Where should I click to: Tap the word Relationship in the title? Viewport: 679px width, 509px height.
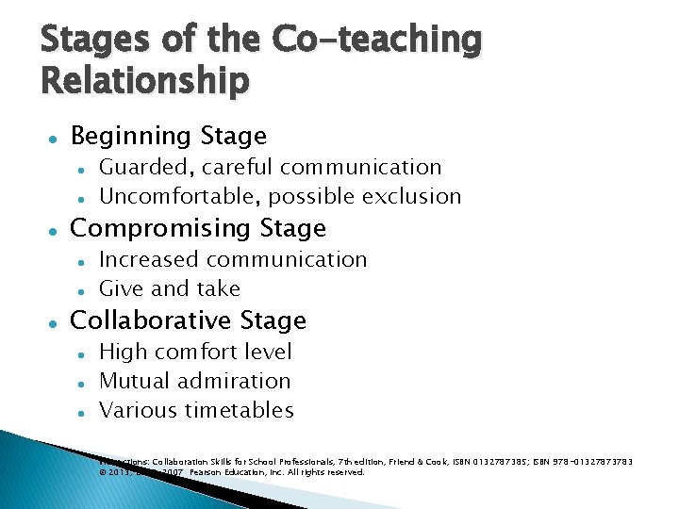(145, 81)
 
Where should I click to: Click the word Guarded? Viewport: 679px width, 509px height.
(131, 168)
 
